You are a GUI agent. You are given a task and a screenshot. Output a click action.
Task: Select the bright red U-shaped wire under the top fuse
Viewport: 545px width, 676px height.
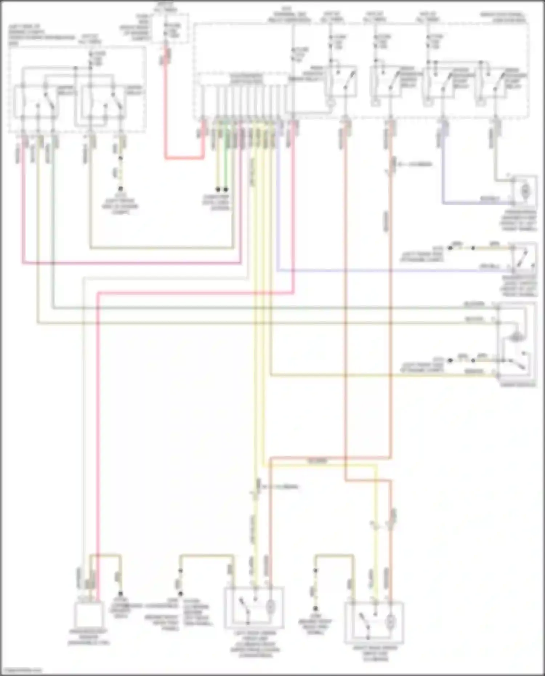(183, 158)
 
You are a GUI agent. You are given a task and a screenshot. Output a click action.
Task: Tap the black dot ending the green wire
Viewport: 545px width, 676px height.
(226, 190)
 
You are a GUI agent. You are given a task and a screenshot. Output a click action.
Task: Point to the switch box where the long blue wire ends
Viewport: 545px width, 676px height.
(524, 257)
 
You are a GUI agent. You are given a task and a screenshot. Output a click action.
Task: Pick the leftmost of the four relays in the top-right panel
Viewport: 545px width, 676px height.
(342, 82)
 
